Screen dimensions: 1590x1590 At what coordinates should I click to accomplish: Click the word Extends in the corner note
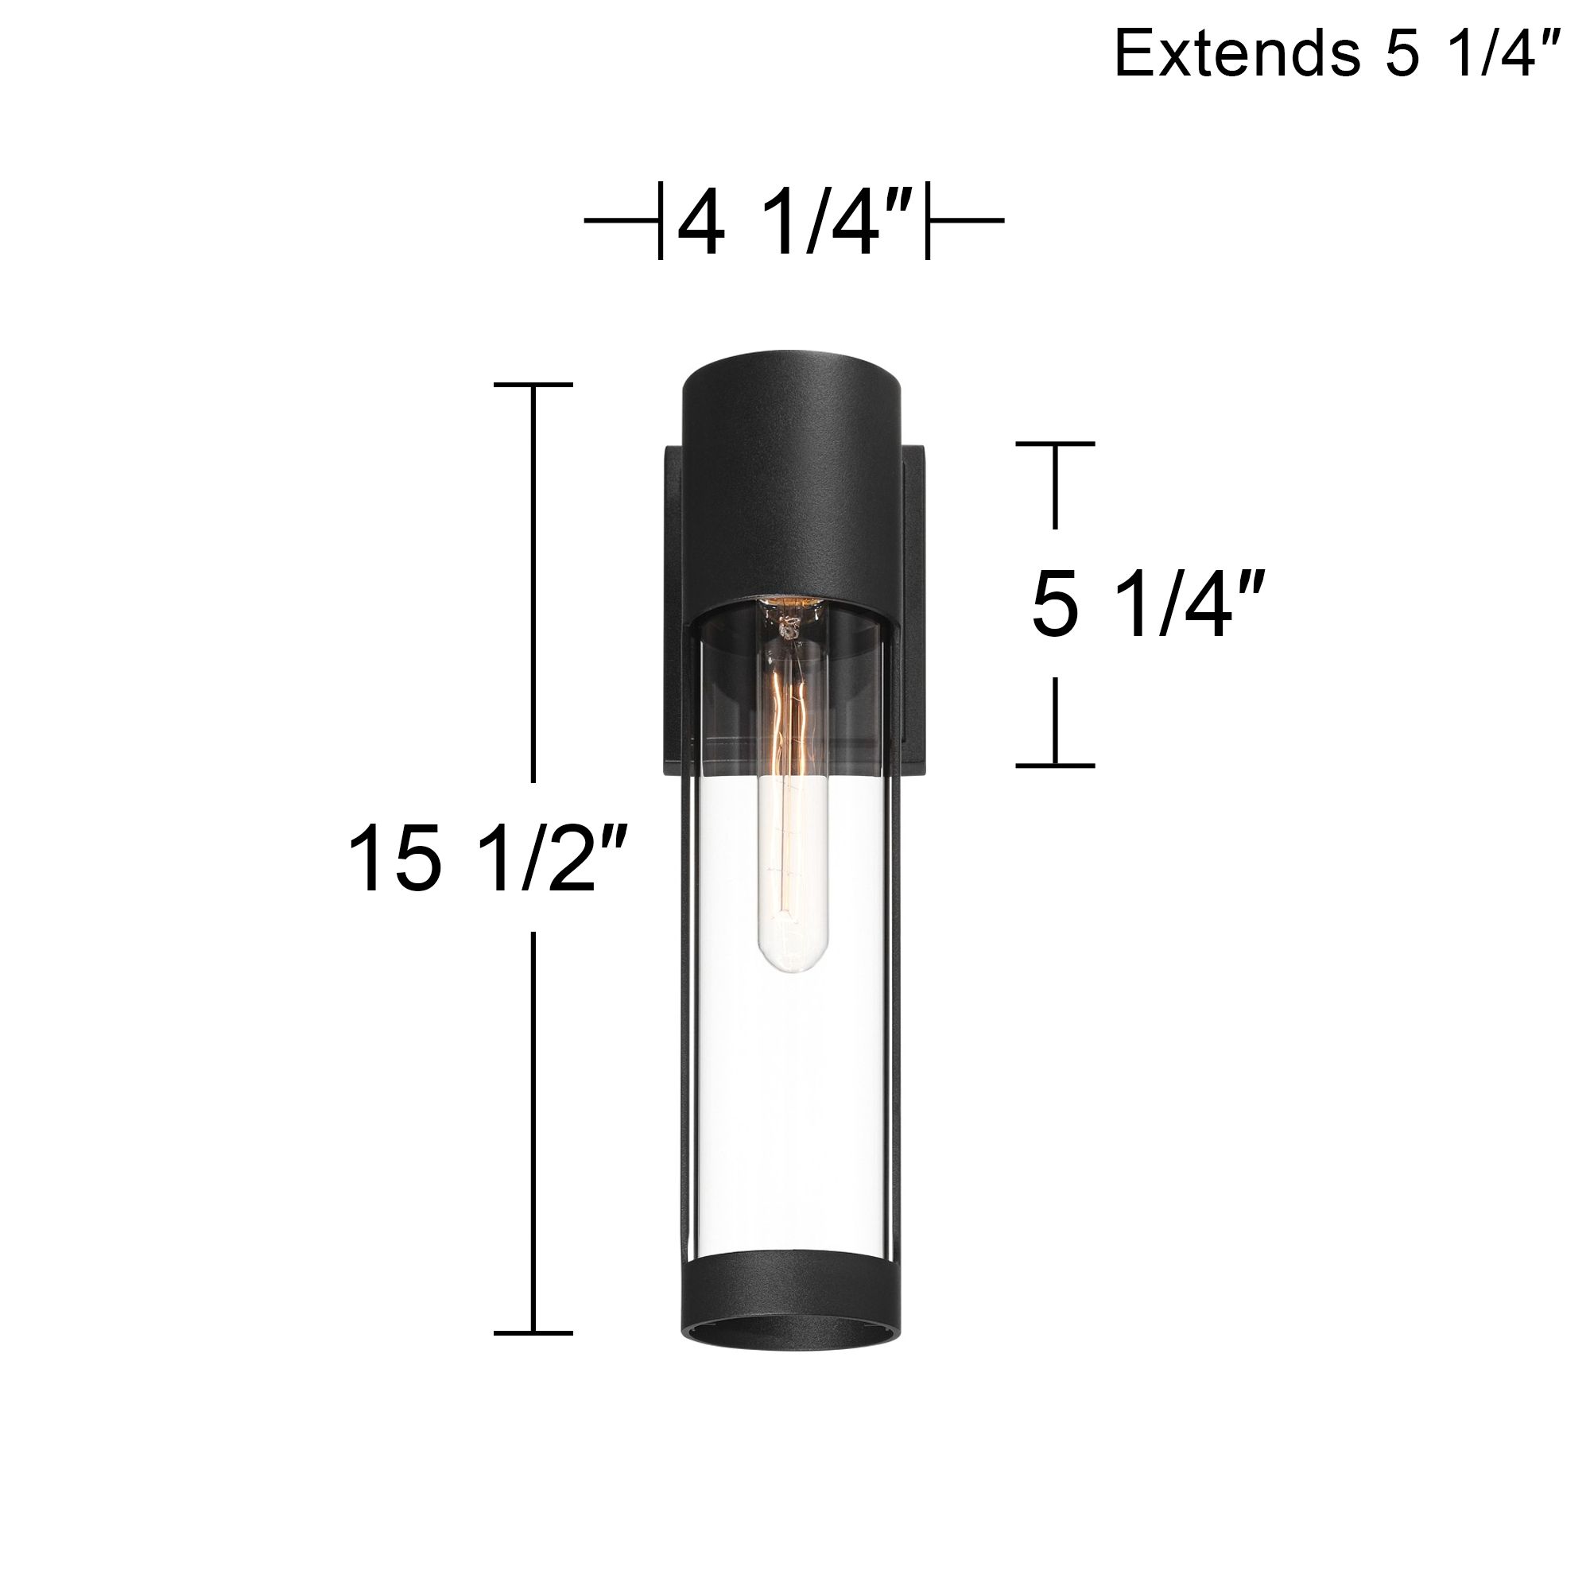(1235, 53)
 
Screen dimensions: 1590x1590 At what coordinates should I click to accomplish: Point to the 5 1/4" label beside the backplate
(1146, 607)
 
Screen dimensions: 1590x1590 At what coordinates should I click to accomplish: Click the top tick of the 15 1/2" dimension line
(533, 385)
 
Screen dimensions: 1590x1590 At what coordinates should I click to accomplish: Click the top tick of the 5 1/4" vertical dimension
(1055, 444)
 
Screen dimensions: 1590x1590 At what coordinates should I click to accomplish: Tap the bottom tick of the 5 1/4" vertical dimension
(1055, 766)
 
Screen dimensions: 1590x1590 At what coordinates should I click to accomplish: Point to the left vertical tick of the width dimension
(660, 220)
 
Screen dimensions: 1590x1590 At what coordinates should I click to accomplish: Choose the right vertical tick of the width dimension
(928, 220)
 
